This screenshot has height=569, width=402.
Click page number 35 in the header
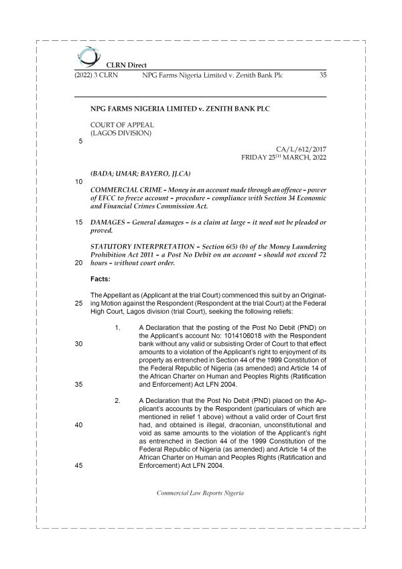322,76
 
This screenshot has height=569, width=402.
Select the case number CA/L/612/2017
301,149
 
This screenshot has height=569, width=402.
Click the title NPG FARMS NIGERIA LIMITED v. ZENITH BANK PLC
182,108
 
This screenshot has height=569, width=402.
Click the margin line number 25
78,304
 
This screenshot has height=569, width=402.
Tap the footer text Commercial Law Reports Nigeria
200,493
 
